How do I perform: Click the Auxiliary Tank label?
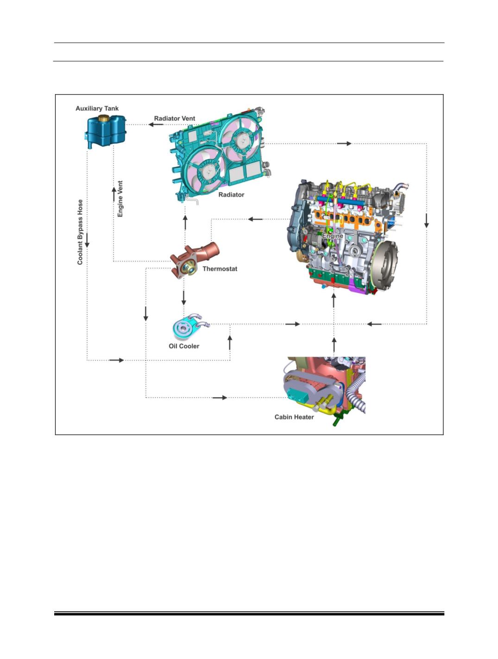click(x=97, y=108)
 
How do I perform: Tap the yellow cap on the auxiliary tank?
click(x=103, y=118)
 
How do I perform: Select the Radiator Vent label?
click(x=175, y=118)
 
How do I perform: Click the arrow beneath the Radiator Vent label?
click(x=156, y=124)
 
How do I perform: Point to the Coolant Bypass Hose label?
click(x=80, y=232)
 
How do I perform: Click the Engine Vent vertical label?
click(x=120, y=199)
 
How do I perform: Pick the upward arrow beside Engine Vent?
click(x=114, y=194)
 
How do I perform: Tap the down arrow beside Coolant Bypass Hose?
click(x=87, y=240)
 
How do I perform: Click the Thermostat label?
click(x=220, y=269)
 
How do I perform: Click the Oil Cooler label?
click(x=184, y=346)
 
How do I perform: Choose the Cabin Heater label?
click(x=294, y=417)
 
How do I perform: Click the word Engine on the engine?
click(x=333, y=236)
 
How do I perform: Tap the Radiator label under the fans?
click(x=231, y=195)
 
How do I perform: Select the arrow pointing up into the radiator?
click(x=185, y=223)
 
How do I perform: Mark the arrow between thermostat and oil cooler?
click(x=184, y=298)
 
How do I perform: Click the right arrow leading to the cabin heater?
click(x=220, y=398)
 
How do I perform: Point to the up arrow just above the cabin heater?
click(x=334, y=344)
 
